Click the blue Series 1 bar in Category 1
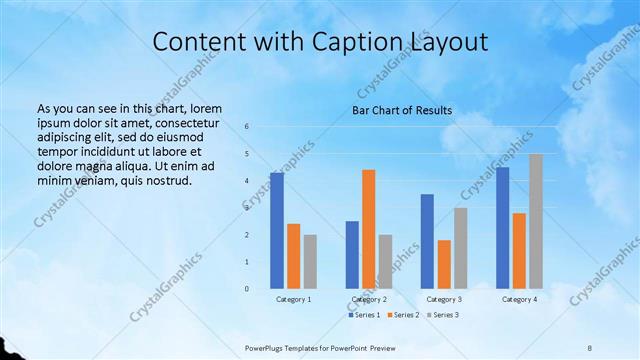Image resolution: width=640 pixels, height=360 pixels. (x=277, y=231)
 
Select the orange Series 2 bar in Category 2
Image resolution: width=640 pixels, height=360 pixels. (x=369, y=229)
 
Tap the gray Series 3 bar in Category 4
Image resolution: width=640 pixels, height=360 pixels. (x=536, y=221)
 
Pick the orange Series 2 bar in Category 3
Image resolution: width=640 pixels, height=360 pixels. (x=444, y=264)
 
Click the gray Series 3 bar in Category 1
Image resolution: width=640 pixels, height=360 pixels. (x=310, y=261)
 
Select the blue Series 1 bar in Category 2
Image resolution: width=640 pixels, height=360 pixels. (x=352, y=255)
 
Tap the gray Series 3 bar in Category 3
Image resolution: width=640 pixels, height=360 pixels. (x=460, y=248)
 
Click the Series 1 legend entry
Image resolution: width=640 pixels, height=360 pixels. (x=362, y=315)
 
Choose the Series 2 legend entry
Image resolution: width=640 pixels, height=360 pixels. (x=403, y=315)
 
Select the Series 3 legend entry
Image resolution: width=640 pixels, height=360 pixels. (x=443, y=315)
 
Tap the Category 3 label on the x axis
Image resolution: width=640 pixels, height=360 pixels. (x=444, y=299)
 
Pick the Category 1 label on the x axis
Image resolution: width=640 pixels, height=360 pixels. (x=293, y=299)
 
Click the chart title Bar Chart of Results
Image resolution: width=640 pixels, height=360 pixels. (x=402, y=110)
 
